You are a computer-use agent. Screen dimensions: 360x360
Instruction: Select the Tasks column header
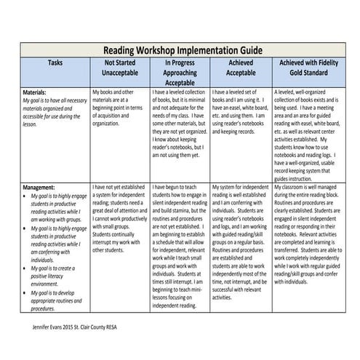55,63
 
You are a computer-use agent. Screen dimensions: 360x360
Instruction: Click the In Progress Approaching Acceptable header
180,73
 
